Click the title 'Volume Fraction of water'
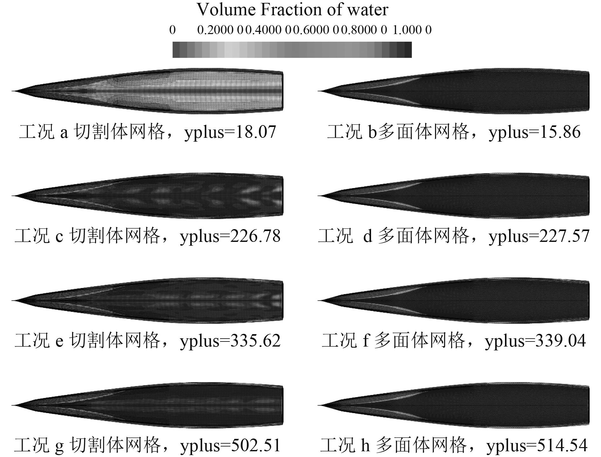pos(292,10)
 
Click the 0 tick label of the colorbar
pos(172,30)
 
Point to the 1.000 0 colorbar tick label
pos(412,30)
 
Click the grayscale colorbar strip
pos(292,50)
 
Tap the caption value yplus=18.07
pos(230,132)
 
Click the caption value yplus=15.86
pos(535,132)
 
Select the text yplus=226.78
pos(230,236)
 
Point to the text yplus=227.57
pos(539,236)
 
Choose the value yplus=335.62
pos(230,341)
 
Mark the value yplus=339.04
pos(535,341)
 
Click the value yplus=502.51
pos(230,445)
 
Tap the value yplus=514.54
pos(537,445)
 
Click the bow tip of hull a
pos(13,91)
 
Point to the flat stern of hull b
pos(588,91)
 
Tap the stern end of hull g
pos(282,405)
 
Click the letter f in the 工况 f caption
pos(366,341)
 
